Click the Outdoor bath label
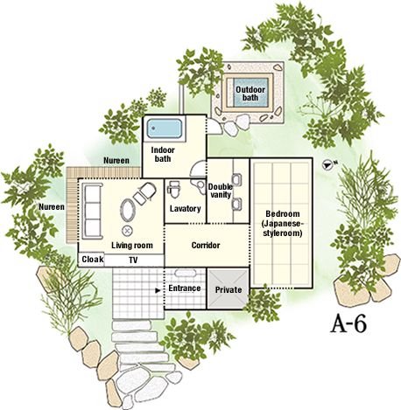[x=250, y=94]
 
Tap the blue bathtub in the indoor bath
[x=165, y=129]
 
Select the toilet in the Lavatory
[x=175, y=190]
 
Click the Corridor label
[x=206, y=246]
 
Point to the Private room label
[x=229, y=290]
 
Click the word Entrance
[x=185, y=288]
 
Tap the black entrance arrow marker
[x=158, y=290]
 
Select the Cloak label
[x=93, y=259]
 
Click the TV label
[x=133, y=260]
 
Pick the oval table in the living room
[x=128, y=211]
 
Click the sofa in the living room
[x=93, y=212]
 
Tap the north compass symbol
[x=327, y=165]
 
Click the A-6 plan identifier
[x=348, y=323]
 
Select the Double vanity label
[x=221, y=191]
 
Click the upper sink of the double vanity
[x=236, y=179]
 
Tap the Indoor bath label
[x=163, y=155]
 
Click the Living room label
[x=132, y=246]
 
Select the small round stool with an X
[x=127, y=231]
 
